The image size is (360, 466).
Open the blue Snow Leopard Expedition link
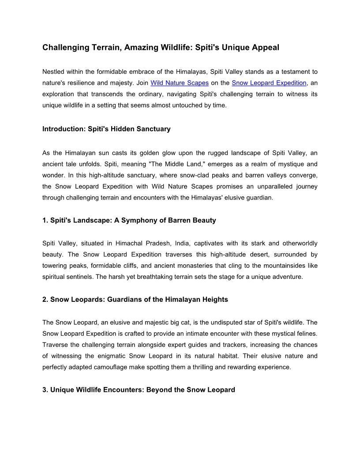pos(269,83)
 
